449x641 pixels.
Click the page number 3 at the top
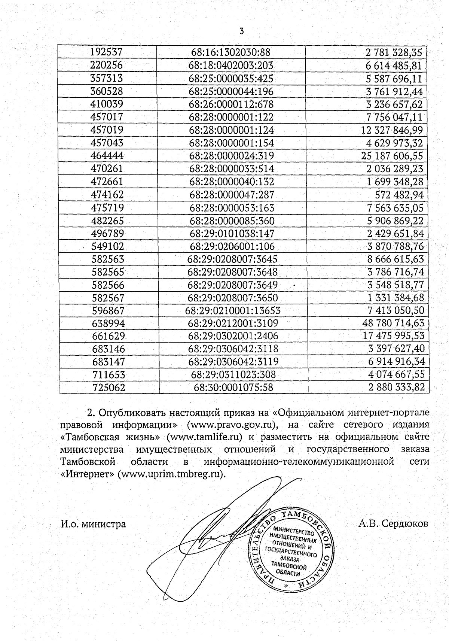pos(241,31)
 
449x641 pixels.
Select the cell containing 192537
pos(107,52)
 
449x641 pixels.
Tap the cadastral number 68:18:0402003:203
pos(231,66)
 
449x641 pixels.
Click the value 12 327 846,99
pos(392,130)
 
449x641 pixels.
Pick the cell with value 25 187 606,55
pos(392,156)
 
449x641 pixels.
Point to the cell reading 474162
pos(107,195)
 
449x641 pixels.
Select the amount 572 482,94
pos(399,195)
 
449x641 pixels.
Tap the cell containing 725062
pos(109,388)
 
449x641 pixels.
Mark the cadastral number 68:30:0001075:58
pos(233,388)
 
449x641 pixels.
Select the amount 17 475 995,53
pos(394,336)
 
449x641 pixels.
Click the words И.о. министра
pos(93,524)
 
